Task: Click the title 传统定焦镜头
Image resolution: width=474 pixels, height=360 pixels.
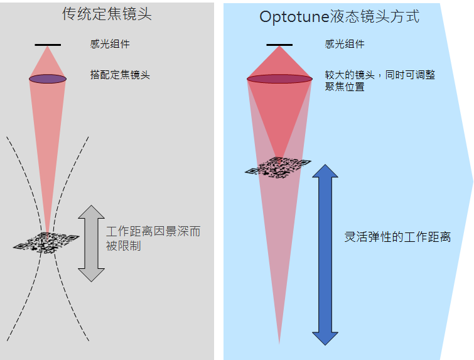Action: pos(107,14)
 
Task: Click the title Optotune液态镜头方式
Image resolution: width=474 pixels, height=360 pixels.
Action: pos(339,16)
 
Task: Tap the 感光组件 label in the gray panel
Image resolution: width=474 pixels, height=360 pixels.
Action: pos(110,44)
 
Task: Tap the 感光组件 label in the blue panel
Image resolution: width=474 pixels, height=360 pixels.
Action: pos(345,44)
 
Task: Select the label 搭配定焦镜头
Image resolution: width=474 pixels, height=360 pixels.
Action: pos(120,75)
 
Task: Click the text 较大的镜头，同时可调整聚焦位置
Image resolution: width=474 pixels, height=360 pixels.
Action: pos(379,80)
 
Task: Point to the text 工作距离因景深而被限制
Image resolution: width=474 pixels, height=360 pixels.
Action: pos(153,238)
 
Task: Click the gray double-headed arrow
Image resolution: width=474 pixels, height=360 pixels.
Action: pos(92,243)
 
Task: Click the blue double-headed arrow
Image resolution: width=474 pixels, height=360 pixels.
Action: pos(325,254)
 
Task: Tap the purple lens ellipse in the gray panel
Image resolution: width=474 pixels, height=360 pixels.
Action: pos(47,79)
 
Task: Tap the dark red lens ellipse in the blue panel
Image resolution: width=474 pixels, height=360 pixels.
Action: pos(279,79)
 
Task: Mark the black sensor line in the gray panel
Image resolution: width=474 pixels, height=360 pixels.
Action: pos(48,45)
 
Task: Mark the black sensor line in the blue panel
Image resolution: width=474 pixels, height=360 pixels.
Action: pos(279,45)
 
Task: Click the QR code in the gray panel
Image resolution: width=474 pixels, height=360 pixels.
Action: pos(46,242)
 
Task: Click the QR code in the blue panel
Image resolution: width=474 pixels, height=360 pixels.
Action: pos(278,166)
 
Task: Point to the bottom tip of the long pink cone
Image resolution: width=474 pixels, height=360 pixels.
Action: pos(279,342)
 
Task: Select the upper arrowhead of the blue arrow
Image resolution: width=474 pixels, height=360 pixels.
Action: pos(325,172)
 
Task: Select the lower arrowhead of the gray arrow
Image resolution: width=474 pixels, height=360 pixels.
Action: pos(92,273)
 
